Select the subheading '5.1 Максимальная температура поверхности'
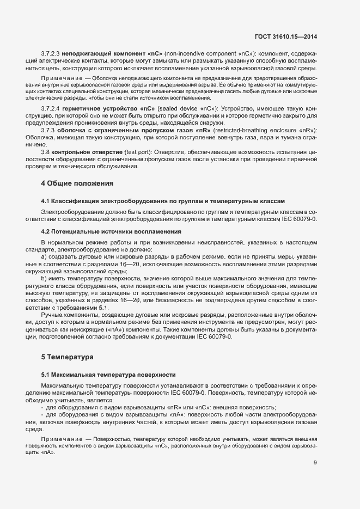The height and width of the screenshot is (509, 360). tap(108, 376)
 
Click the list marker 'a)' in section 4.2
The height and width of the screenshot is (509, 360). tap(44, 256)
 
